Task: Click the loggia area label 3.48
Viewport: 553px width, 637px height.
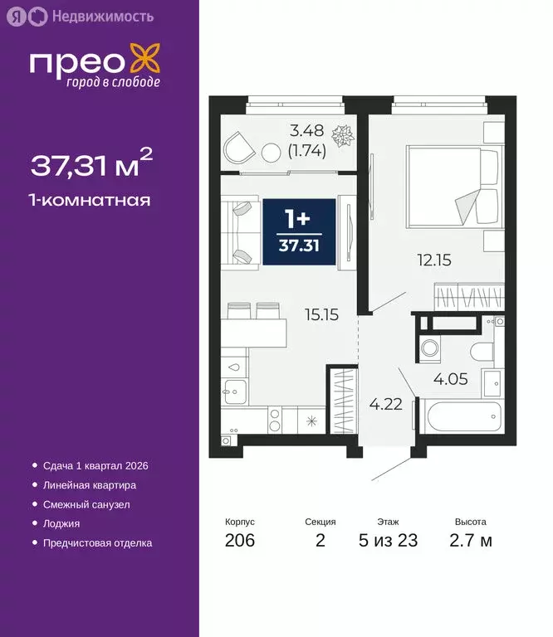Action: [x=306, y=131]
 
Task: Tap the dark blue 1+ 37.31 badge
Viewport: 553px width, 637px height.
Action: [x=298, y=231]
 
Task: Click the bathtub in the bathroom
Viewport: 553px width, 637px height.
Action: [x=462, y=416]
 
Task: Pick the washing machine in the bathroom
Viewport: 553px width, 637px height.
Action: [x=430, y=348]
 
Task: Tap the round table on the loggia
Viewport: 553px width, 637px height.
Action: [x=272, y=153]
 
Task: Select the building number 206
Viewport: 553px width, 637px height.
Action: [x=239, y=542]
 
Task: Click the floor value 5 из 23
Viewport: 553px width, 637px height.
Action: [x=388, y=542]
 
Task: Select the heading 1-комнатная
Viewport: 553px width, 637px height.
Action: [x=90, y=200]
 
